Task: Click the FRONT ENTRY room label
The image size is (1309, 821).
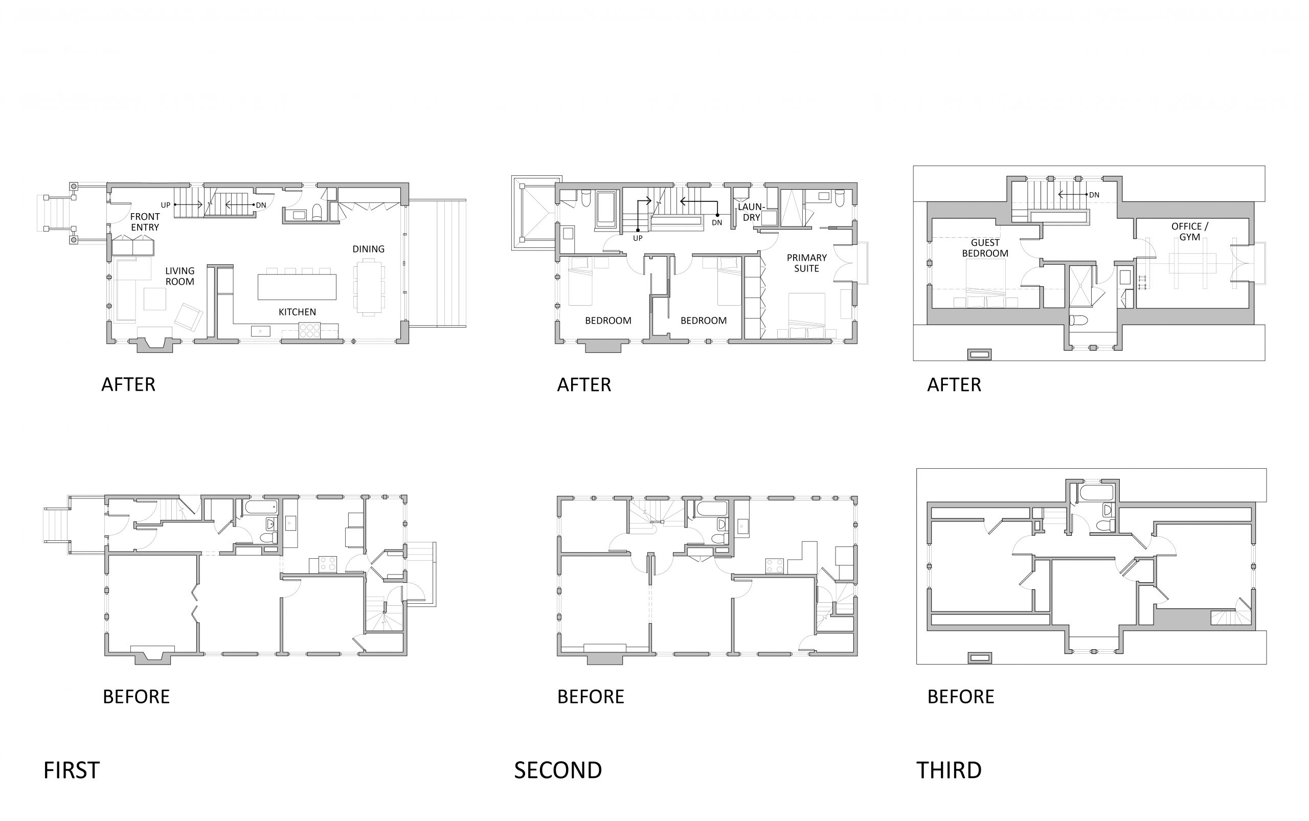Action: [145, 222]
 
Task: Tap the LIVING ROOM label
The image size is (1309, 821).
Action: [180, 276]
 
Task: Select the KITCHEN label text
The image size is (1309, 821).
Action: [297, 312]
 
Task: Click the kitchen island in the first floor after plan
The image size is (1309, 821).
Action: [297, 287]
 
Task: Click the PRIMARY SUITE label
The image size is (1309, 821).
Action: [806, 263]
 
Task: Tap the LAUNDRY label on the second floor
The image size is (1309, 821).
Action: [751, 212]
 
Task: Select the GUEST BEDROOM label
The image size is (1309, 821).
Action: [985, 248]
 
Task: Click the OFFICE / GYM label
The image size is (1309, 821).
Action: [1189, 231]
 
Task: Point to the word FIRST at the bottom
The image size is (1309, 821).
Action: [71, 770]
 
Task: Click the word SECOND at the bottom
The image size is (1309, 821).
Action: [558, 770]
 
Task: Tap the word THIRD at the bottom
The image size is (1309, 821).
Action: [949, 770]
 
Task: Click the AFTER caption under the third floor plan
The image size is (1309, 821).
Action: [954, 385]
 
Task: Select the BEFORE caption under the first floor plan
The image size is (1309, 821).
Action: [137, 697]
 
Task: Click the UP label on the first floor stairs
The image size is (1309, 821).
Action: [165, 206]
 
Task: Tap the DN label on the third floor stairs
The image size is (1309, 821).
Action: [1094, 195]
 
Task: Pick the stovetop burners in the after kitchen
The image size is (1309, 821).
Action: [309, 331]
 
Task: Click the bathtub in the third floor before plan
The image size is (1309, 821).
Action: [1096, 493]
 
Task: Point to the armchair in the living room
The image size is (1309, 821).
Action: [188, 317]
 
